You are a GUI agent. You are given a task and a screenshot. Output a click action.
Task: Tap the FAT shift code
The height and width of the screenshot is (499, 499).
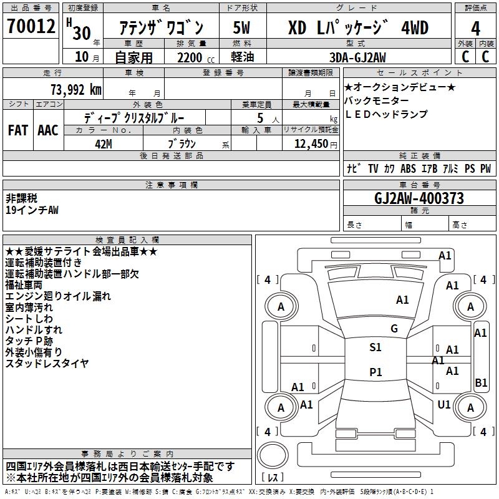[x=18, y=130]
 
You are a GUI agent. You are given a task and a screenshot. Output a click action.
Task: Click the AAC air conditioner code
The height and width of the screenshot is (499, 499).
[x=47, y=130]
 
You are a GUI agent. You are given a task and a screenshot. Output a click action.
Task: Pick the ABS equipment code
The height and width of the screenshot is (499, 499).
[x=408, y=168]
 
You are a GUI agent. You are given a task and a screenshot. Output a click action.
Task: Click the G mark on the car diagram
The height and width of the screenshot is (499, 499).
[x=394, y=329]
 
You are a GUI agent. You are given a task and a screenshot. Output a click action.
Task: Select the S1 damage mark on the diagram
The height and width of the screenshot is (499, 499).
[x=375, y=347]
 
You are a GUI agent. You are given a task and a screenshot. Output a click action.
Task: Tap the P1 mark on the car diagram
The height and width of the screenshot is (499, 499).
[x=375, y=372]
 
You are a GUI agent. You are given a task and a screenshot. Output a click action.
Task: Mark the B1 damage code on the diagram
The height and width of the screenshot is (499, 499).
[x=480, y=383]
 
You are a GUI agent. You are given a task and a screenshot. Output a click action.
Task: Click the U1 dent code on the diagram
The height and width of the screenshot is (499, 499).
[x=444, y=405]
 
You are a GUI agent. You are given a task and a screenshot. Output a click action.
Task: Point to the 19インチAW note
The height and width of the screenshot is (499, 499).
[x=32, y=210]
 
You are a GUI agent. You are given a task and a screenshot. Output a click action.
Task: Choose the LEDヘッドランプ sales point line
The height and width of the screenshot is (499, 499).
[x=385, y=114]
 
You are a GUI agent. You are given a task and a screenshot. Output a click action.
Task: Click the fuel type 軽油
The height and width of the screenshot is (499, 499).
[x=241, y=58]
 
